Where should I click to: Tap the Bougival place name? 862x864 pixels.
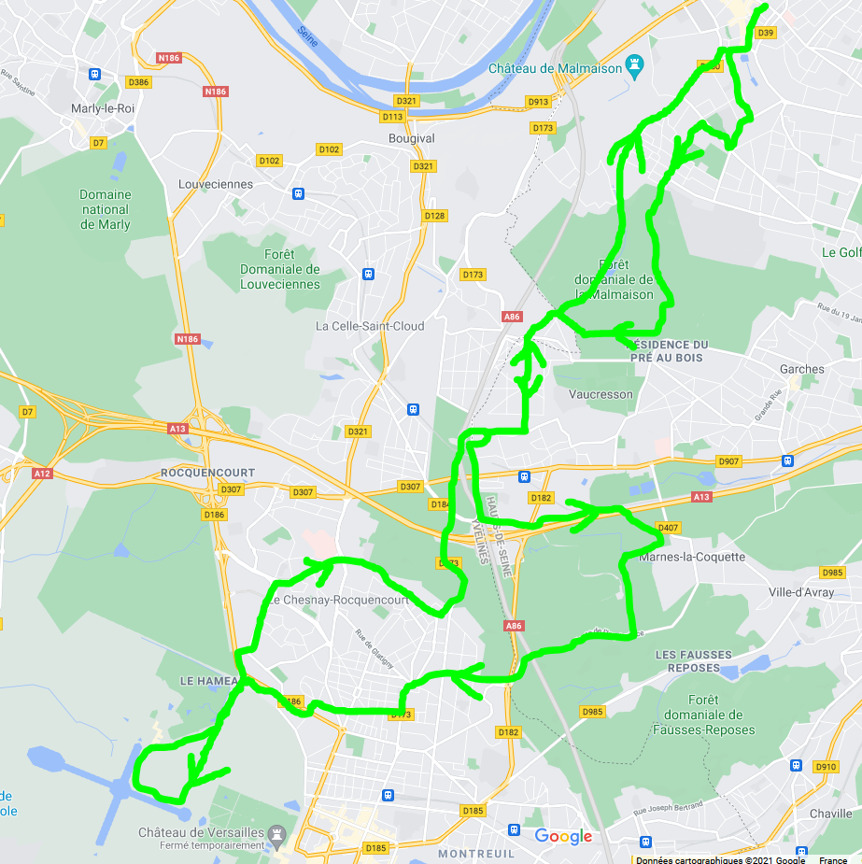[412, 138]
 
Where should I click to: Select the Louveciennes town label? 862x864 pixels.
[215, 184]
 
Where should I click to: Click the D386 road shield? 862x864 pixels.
[138, 82]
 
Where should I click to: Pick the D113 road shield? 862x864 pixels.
[392, 117]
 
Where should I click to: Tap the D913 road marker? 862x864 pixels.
[538, 102]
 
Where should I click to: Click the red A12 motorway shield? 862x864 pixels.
[42, 474]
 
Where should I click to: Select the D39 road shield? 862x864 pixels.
[766, 33]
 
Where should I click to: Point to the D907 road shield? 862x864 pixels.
[728, 461]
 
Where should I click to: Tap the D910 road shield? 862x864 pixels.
[826, 767]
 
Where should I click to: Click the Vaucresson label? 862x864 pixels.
[601, 394]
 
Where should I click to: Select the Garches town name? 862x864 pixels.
[801, 369]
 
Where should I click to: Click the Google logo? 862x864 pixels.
[563, 836]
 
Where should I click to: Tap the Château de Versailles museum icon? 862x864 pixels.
[276, 832]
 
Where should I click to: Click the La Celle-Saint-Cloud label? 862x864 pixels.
[370, 326]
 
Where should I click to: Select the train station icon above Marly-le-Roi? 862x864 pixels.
[94, 74]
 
